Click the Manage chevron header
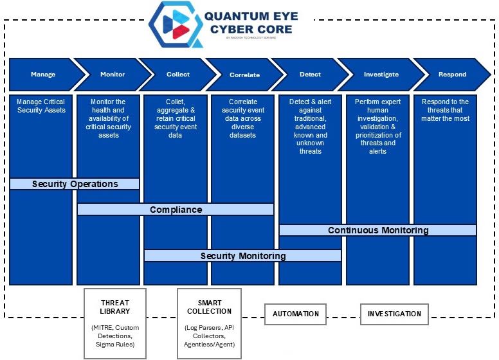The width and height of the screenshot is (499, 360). point(43,75)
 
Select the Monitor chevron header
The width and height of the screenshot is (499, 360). point(113,75)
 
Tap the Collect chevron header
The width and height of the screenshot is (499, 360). point(178,75)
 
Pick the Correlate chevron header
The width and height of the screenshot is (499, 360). point(244,75)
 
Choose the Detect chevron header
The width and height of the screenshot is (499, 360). point(311,75)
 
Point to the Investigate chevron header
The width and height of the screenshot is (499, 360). point(381,75)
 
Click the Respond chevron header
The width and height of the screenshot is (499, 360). point(452,75)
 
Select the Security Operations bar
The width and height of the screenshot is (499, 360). point(75,184)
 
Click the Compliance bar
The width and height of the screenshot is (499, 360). point(176,210)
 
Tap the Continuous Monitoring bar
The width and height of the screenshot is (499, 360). point(377,230)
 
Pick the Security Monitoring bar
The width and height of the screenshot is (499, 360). point(242,256)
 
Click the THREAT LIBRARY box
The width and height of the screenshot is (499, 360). point(115,323)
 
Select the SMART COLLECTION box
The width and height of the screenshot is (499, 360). point(209,323)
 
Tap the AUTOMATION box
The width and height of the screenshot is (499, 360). point(295,314)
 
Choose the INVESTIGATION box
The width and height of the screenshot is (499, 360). point(394,314)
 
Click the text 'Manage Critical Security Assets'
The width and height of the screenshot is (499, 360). point(41,105)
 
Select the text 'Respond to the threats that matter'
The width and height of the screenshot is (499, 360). point(446,110)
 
